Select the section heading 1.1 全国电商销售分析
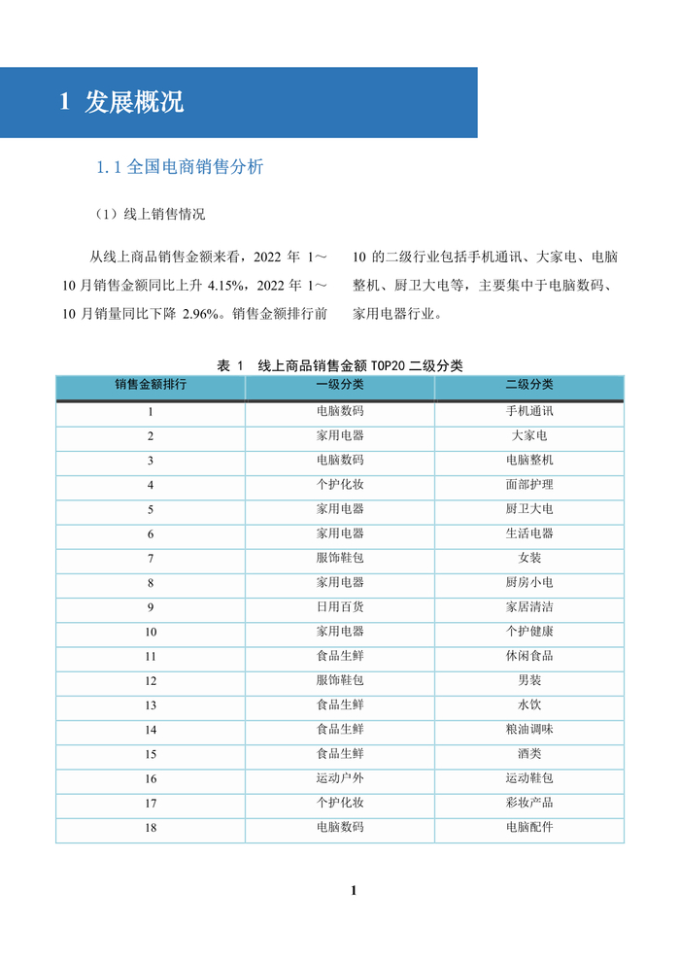(180, 167)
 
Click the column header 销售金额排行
(151, 386)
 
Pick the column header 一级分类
(340, 386)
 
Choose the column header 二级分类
(529, 386)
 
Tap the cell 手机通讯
(529, 411)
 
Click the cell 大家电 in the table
(529, 435)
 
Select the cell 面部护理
(529, 484)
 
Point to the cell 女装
(529, 558)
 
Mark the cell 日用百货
(340, 607)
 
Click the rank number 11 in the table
(151, 656)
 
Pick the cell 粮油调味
(529, 730)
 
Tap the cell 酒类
(529, 754)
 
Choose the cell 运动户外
(340, 778)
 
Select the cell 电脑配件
(529, 828)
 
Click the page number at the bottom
(354, 890)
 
